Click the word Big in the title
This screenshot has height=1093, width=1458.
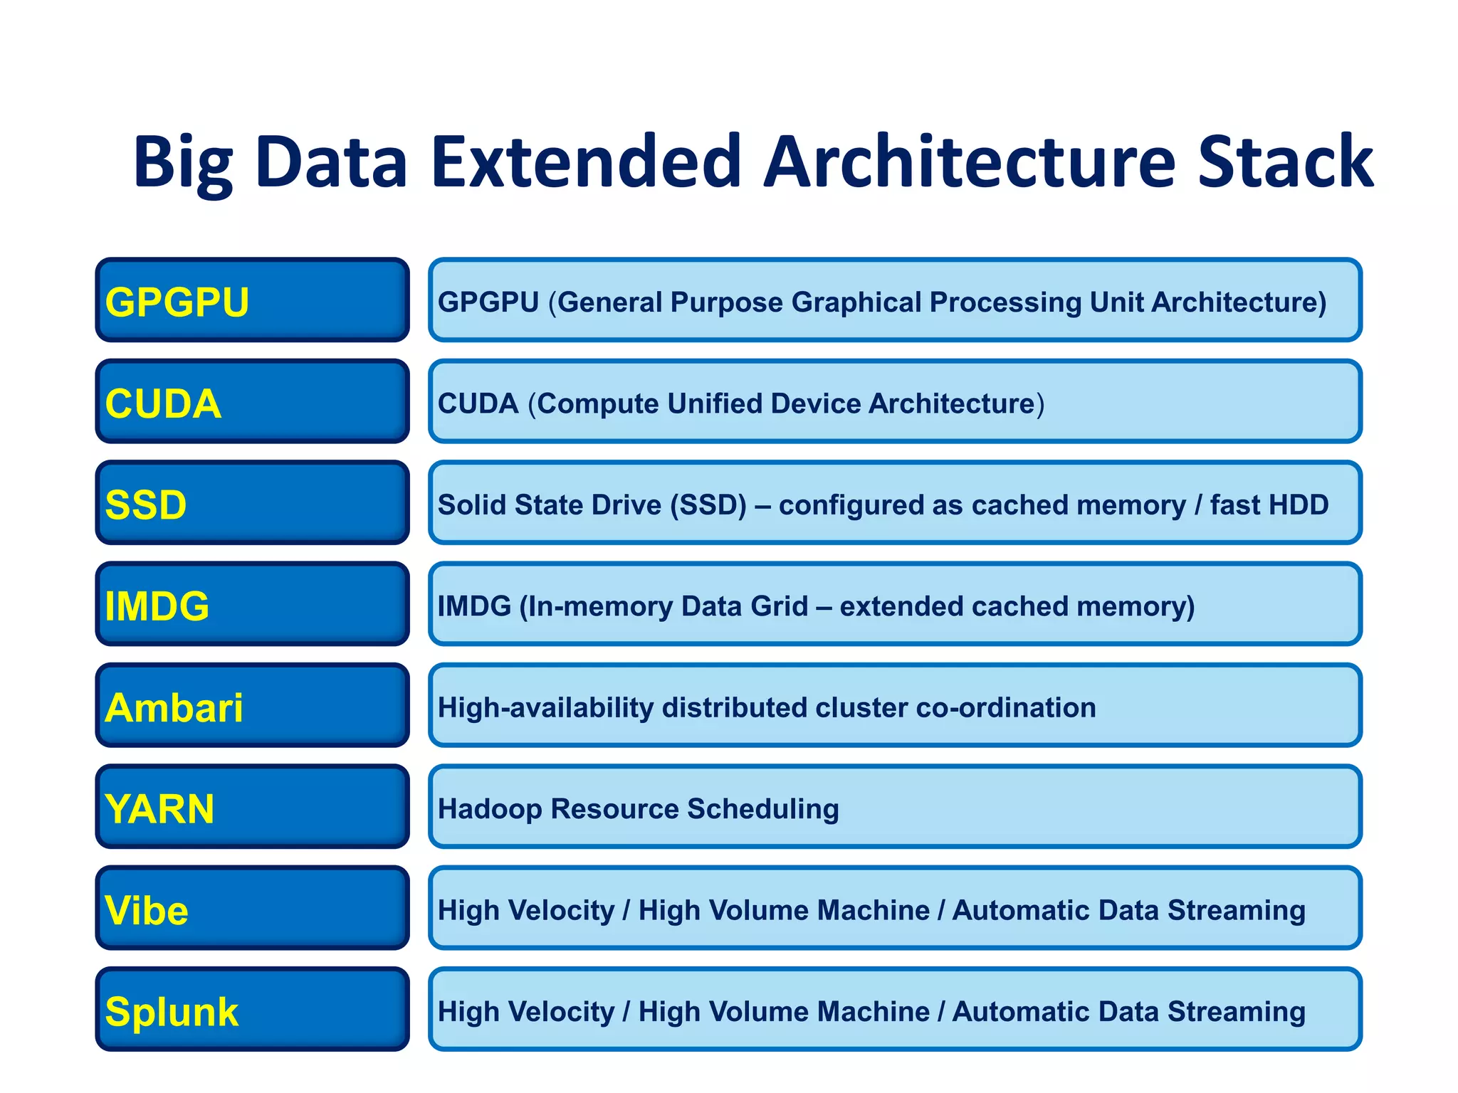183,164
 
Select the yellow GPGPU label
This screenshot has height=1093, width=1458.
177,302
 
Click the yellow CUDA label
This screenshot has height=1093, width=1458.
163,403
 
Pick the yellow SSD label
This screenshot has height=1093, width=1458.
146,505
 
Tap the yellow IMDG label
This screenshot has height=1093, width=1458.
157,606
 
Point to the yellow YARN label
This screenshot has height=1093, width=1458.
159,809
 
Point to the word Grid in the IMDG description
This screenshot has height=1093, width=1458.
780,606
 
